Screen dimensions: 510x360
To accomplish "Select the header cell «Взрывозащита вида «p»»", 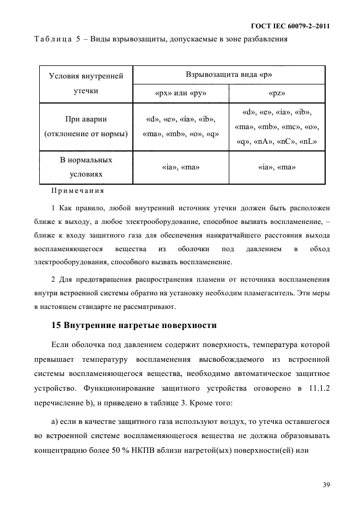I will click(229, 75).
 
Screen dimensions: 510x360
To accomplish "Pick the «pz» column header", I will click(277, 93).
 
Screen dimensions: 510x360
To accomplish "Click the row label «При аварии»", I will click(86, 119).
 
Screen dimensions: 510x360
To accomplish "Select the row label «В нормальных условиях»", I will click(86, 168).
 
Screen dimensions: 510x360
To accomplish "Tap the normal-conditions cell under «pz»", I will click(277, 168).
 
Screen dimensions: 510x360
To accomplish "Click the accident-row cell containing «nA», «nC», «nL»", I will click(277, 142).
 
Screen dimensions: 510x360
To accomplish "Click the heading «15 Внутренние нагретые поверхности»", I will click(134, 326).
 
